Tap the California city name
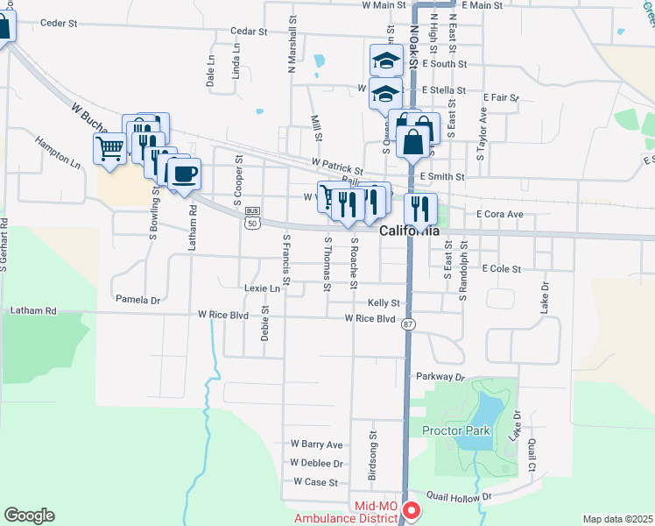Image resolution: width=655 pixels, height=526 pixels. click(409, 231)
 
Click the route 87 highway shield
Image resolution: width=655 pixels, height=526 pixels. click(408, 324)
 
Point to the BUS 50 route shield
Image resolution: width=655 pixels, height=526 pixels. click(253, 217)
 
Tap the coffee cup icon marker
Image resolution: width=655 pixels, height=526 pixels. click(183, 174)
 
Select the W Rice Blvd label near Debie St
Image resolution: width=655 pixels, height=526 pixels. click(223, 314)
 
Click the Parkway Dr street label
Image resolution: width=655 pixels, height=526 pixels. click(440, 376)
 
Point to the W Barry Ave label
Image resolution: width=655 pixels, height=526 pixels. click(316, 444)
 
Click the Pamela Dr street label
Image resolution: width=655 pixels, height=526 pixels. click(138, 300)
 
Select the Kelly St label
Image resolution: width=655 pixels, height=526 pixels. click(384, 302)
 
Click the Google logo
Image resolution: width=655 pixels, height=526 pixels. click(29, 515)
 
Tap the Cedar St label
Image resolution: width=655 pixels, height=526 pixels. click(248, 31)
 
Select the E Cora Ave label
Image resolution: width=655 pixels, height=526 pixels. click(499, 214)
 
